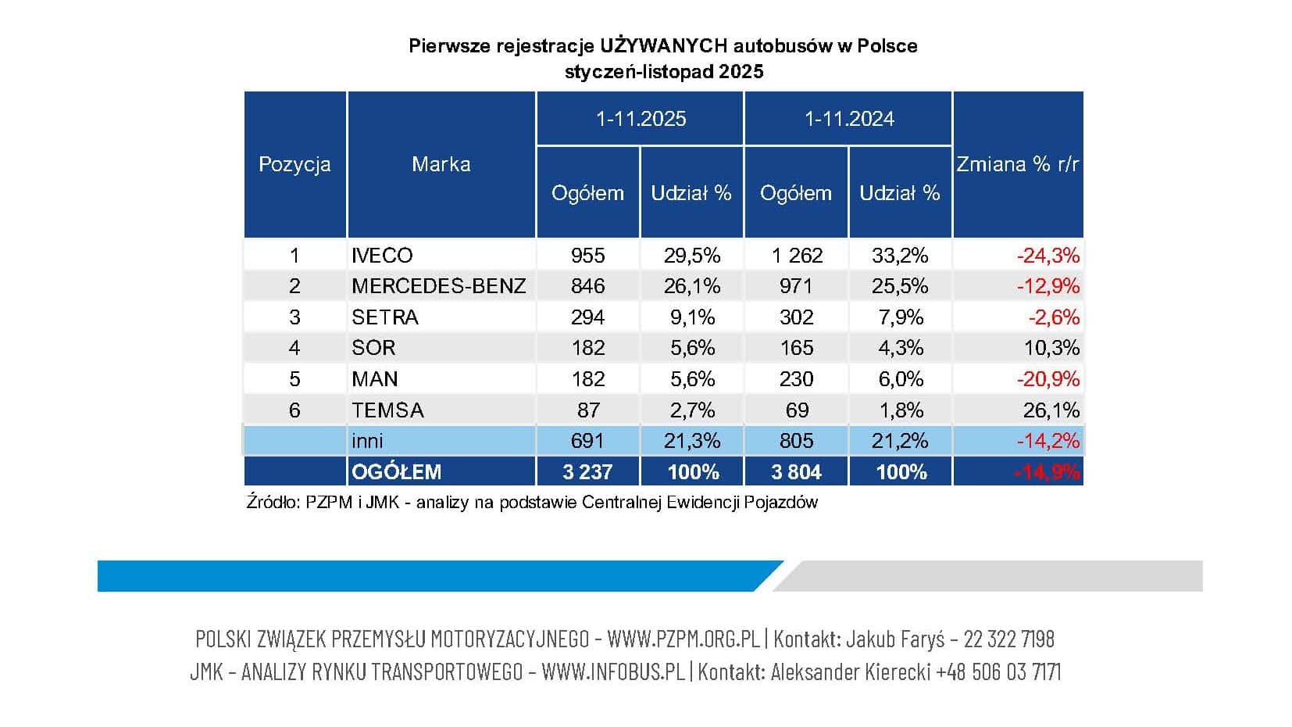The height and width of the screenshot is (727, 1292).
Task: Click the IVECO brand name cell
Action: tap(382, 256)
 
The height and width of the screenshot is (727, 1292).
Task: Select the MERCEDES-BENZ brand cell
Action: tap(438, 286)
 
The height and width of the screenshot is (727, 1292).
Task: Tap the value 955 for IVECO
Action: tap(587, 256)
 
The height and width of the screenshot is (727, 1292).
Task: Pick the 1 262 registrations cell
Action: tap(796, 256)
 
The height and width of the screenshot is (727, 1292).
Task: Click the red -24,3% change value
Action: tap(1048, 256)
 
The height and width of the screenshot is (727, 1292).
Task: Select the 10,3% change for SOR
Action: tap(1051, 348)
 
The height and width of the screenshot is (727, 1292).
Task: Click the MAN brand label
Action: tap(375, 379)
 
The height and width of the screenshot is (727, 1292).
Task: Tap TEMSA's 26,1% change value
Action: tap(1051, 410)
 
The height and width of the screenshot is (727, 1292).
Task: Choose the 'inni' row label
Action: tap(367, 441)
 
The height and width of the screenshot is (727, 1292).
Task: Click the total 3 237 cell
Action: tap(587, 472)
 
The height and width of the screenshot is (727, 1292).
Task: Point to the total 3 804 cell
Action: tap(796, 472)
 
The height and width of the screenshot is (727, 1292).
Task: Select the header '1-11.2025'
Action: tap(641, 119)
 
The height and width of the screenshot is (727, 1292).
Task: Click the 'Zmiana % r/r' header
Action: tap(1017, 164)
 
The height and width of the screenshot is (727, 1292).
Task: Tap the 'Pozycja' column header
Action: tap(294, 165)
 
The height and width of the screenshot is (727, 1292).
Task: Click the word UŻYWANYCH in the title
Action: tap(666, 46)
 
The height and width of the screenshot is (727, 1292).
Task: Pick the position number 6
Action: tap(294, 410)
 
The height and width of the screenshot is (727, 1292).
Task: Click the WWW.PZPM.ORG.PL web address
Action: tap(683, 639)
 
